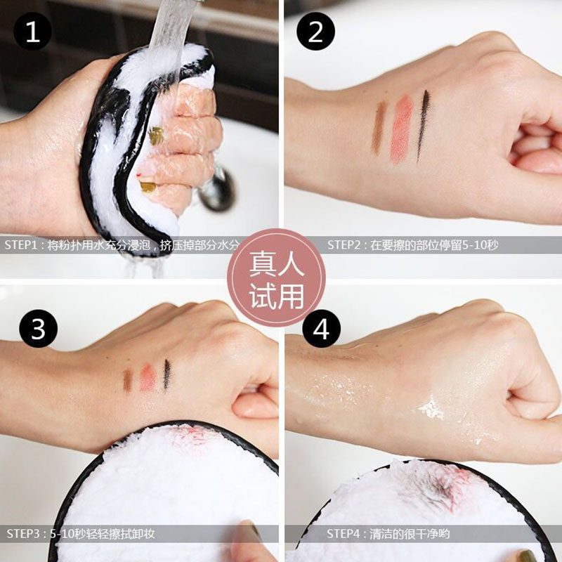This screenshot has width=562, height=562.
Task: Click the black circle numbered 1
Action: [x=32, y=32]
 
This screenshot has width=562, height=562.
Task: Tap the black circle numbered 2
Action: [x=315, y=32]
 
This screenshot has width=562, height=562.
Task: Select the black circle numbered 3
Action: [x=39, y=329]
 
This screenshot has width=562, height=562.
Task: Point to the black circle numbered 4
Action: [x=322, y=329]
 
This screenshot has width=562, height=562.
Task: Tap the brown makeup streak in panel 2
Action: [x=379, y=127]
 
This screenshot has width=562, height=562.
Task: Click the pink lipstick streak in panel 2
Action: [x=402, y=129]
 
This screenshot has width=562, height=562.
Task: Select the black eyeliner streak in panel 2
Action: [x=423, y=126]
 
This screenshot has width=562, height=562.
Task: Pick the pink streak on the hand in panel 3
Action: [x=148, y=378]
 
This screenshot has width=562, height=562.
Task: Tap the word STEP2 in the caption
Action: [x=344, y=245]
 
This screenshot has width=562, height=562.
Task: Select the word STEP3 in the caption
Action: [x=22, y=534]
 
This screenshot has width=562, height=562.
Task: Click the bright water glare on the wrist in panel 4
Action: [x=432, y=410]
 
